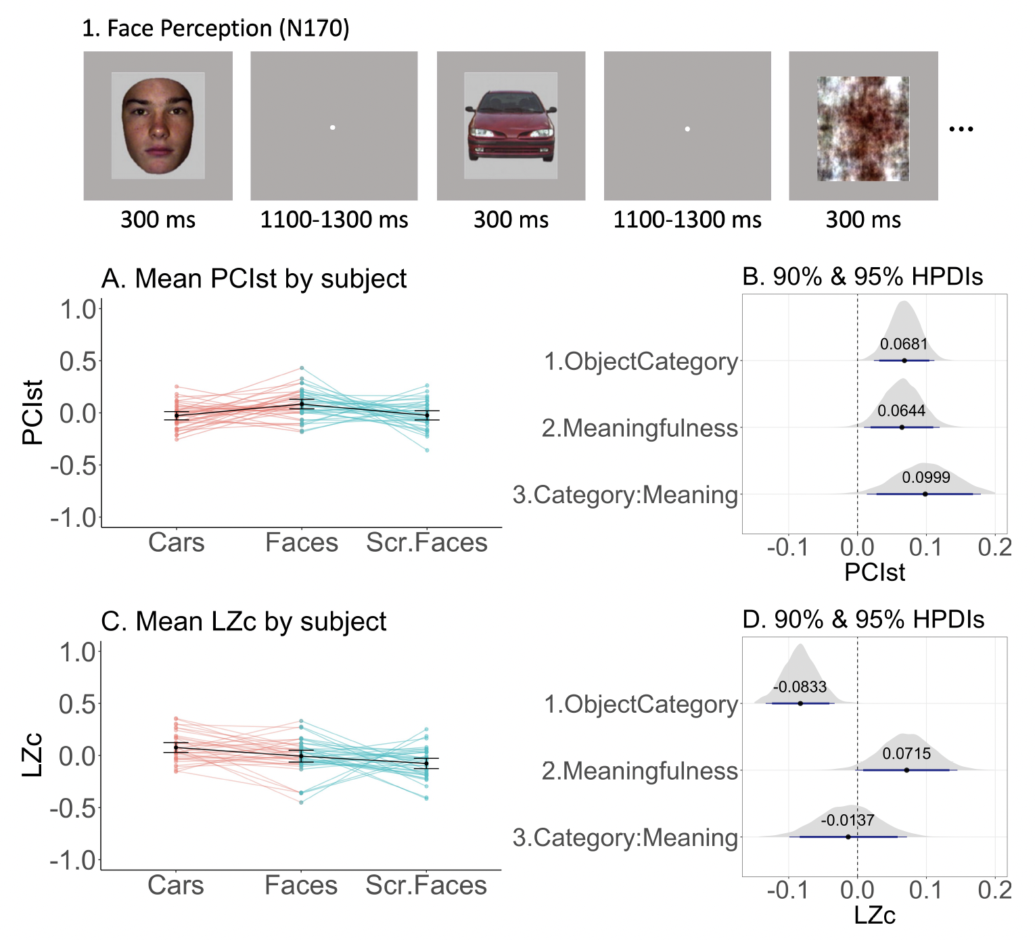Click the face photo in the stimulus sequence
click(158, 126)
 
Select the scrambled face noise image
click(863, 128)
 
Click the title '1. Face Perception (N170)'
click(215, 28)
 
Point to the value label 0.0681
click(904, 344)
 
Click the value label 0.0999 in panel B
click(925, 477)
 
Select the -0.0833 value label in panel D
click(800, 687)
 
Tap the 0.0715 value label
click(906, 753)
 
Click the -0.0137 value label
click(848, 820)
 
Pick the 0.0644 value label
click(901, 410)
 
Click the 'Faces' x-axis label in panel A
click(302, 542)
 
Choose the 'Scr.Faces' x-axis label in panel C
click(426, 885)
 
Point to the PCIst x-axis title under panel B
click(874, 572)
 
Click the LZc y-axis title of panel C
click(32, 755)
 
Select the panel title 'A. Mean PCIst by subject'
click(254, 279)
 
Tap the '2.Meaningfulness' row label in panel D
click(639, 771)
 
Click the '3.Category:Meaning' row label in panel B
click(625, 495)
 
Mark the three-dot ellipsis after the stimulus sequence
click(961, 128)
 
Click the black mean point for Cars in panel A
click(177, 415)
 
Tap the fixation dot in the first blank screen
click(332, 127)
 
